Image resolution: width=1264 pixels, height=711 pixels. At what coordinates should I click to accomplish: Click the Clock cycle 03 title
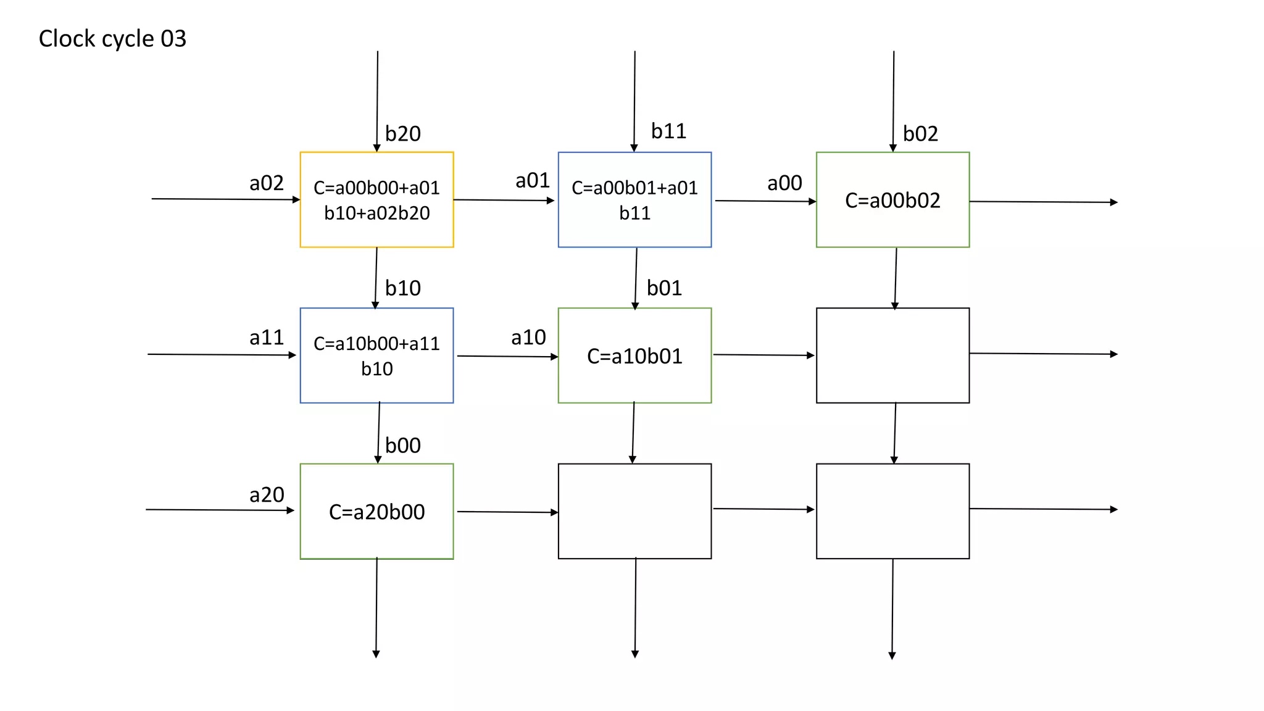pyautogui.click(x=112, y=39)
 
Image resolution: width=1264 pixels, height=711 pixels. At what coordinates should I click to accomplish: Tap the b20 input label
pyautogui.click(x=402, y=133)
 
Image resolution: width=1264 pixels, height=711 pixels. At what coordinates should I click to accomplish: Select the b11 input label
pyautogui.click(x=668, y=131)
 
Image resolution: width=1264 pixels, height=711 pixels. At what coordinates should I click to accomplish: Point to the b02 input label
pyautogui.click(x=920, y=133)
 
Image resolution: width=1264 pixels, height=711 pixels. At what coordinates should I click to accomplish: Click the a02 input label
pyautogui.click(x=266, y=183)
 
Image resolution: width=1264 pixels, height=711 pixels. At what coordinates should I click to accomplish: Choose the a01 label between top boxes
pyautogui.click(x=532, y=180)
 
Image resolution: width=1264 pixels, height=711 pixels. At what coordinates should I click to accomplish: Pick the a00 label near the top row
pyautogui.click(x=784, y=183)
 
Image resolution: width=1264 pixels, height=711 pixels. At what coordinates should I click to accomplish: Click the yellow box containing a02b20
pyautogui.click(x=376, y=200)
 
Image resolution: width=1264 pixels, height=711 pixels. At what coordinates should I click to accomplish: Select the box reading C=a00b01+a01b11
pyautogui.click(x=634, y=200)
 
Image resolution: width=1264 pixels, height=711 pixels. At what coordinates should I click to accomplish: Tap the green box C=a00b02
pyautogui.click(x=892, y=200)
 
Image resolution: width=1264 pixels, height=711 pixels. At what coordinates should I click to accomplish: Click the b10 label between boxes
pyautogui.click(x=402, y=288)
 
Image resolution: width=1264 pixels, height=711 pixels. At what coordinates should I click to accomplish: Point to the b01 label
pyautogui.click(x=664, y=288)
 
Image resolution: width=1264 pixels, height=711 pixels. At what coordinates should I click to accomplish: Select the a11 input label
pyautogui.click(x=266, y=337)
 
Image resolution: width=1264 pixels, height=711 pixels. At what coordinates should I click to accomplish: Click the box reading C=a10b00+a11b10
pyautogui.click(x=376, y=355)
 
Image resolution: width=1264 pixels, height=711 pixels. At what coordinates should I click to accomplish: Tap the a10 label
pyautogui.click(x=528, y=337)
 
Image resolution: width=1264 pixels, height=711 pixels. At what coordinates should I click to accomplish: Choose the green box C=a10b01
pyautogui.click(x=634, y=355)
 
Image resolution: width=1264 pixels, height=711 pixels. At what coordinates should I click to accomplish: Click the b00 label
pyautogui.click(x=402, y=445)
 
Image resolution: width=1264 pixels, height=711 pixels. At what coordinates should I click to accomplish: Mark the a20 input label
pyautogui.click(x=266, y=494)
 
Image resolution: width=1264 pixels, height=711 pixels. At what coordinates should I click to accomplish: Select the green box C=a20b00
pyautogui.click(x=376, y=511)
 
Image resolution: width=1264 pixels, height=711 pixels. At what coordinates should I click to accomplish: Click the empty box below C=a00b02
pyautogui.click(x=892, y=355)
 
